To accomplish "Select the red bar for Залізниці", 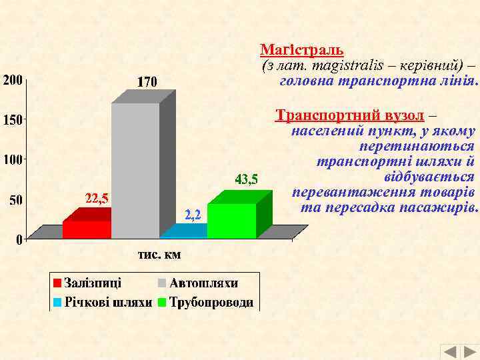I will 87,229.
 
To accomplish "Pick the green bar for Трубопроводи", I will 231,221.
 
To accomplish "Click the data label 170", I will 147,83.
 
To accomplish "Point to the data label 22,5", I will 97,198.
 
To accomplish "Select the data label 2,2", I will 193,214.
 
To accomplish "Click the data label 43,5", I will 246,179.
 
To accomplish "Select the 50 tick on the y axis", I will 15,199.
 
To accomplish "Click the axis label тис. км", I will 159,255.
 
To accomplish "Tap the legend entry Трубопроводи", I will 211,302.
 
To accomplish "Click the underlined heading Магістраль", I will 301,49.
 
